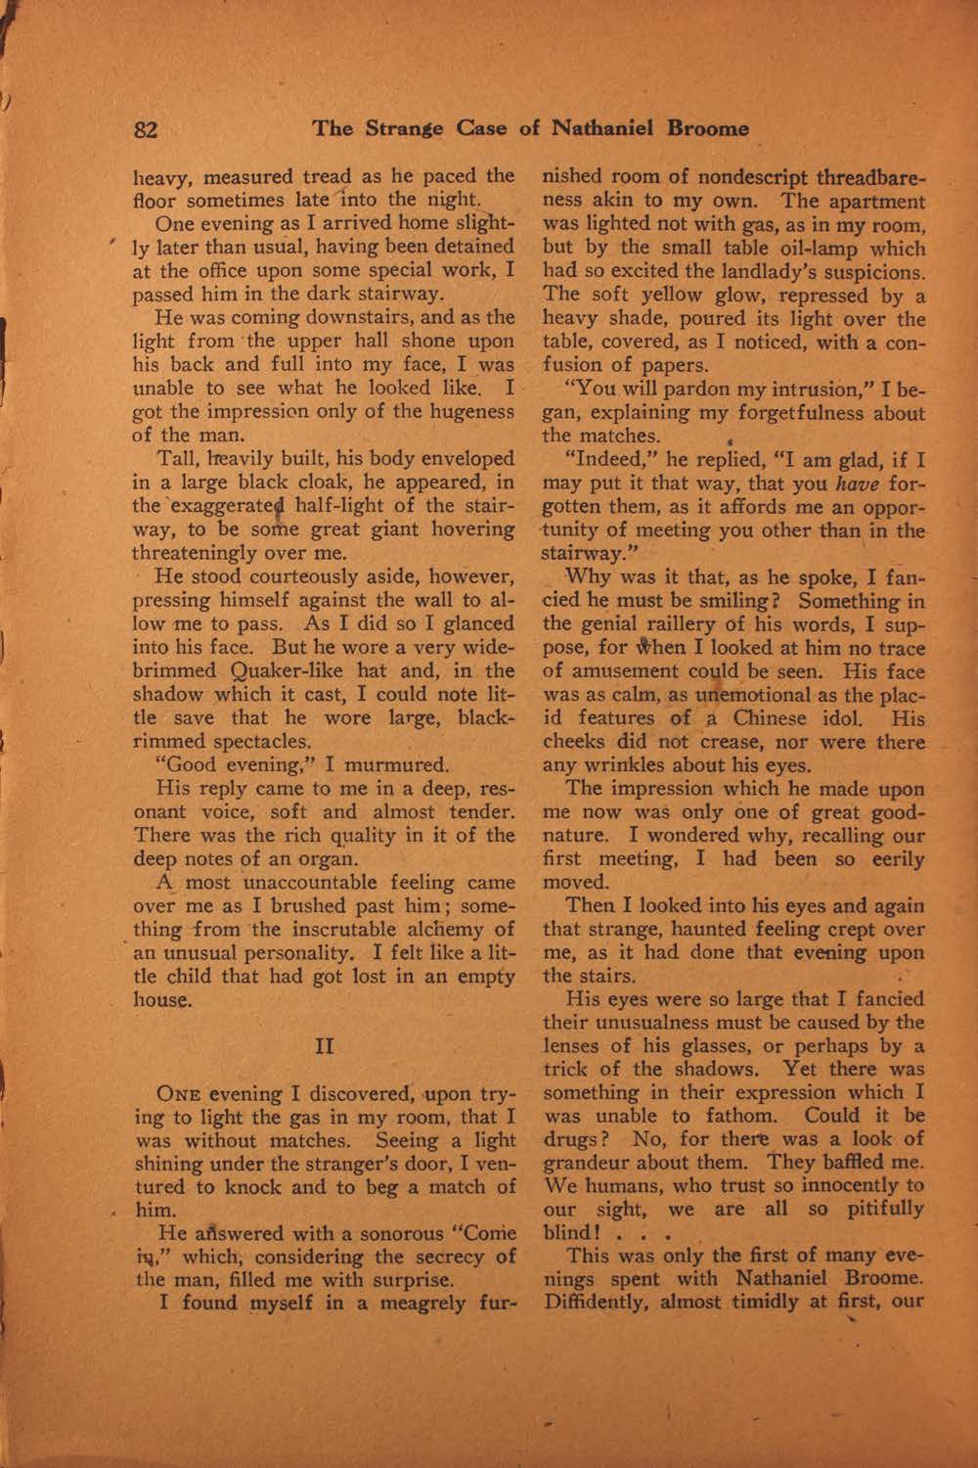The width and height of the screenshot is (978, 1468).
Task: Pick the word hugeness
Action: click(461, 410)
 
